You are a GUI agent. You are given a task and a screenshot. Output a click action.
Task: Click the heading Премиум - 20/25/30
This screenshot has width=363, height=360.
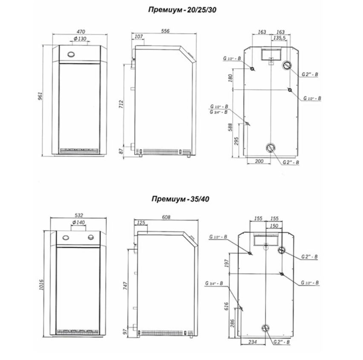(182, 10)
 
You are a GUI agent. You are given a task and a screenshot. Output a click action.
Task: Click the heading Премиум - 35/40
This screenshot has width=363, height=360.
(180, 199)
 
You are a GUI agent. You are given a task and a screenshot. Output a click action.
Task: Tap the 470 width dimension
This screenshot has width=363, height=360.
(81, 31)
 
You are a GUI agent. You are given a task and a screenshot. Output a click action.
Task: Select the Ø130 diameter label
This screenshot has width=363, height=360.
(80, 39)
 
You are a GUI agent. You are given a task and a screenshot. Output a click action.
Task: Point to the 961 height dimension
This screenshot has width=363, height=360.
(40, 96)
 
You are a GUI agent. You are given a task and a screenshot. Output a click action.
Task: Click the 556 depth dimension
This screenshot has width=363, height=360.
(165, 31)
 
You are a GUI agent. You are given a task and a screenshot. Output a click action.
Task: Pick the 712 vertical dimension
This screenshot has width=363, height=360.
(121, 105)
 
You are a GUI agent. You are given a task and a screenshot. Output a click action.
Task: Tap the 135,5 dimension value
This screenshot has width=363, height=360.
(279, 38)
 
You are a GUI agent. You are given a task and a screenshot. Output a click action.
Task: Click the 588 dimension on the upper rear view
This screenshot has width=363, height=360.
(230, 127)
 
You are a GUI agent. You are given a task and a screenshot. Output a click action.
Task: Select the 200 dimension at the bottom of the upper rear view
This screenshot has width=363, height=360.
(259, 161)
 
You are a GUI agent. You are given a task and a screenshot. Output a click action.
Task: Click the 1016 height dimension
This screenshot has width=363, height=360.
(41, 285)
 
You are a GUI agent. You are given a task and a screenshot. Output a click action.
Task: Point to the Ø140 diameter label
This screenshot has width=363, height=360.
(79, 222)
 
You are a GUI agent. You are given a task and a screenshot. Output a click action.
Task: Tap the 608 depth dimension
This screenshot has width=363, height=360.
(166, 217)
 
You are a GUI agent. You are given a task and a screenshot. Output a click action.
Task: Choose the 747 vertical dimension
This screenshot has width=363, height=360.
(125, 286)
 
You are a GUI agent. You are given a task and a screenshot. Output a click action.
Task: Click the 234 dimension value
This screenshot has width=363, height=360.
(252, 342)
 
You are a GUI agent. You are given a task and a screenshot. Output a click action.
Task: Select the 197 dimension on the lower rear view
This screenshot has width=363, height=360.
(226, 263)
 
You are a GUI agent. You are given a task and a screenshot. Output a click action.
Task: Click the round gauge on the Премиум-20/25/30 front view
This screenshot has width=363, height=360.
(71, 55)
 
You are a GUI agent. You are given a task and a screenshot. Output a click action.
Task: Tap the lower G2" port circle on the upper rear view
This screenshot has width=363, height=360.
(271, 148)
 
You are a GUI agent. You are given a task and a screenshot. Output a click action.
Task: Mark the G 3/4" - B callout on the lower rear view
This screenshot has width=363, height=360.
(214, 283)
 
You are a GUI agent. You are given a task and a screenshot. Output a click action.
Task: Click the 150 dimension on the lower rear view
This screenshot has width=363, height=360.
(274, 226)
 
